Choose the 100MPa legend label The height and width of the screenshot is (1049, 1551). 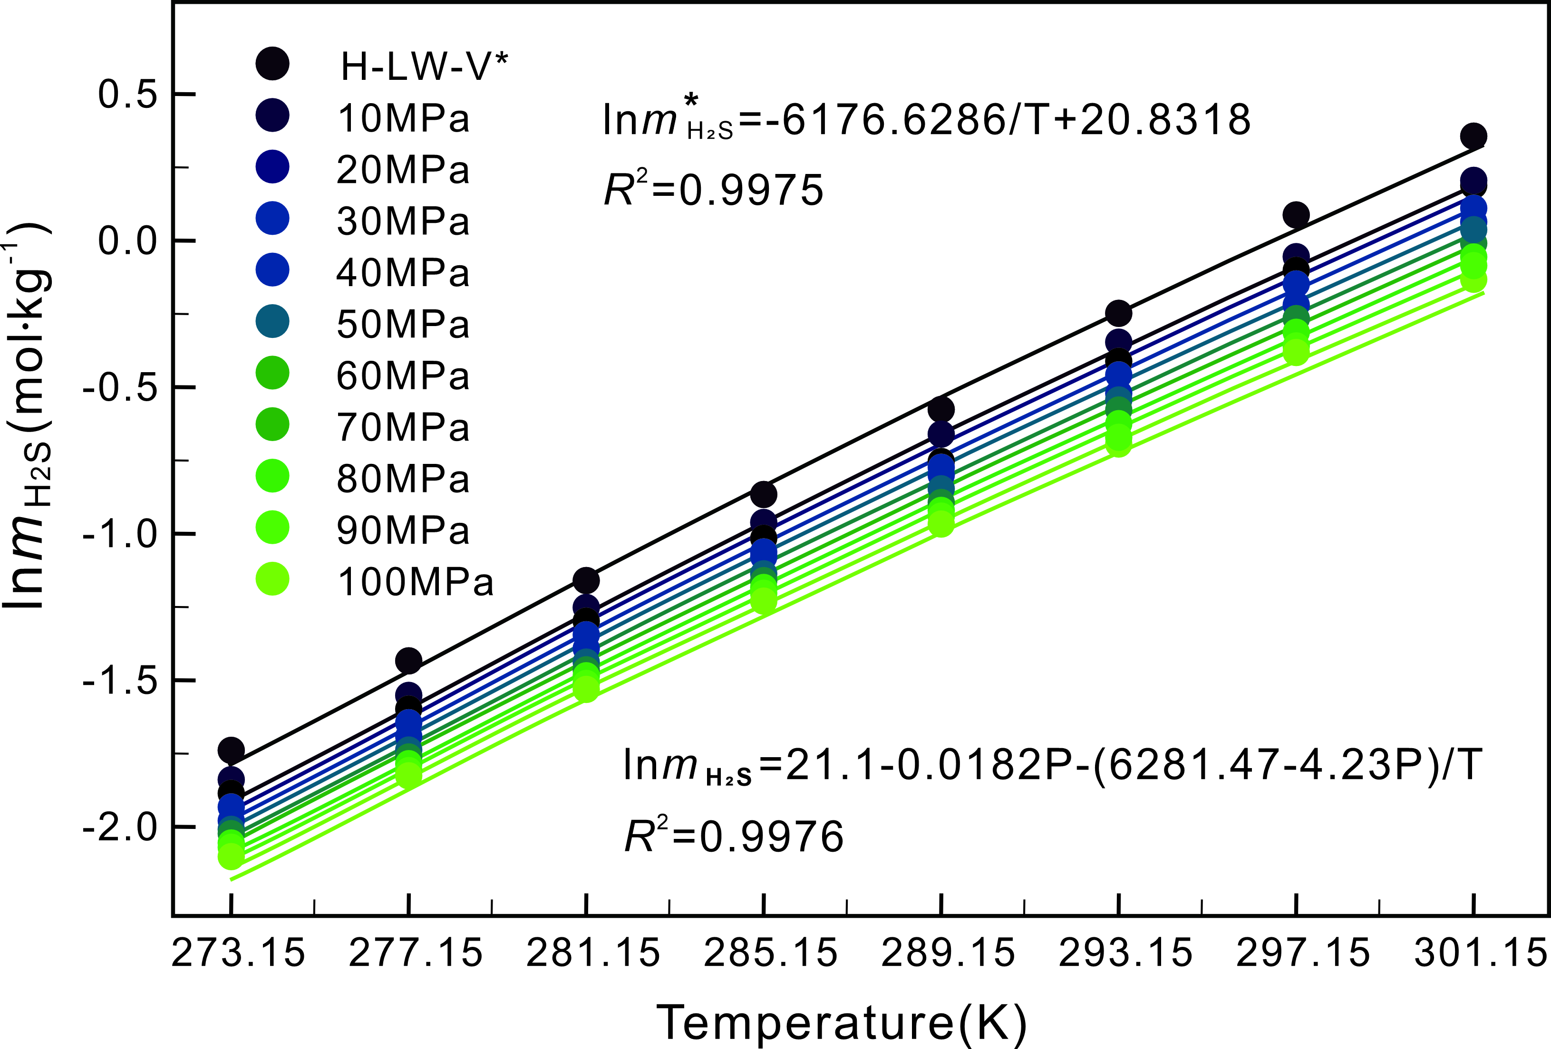point(415,581)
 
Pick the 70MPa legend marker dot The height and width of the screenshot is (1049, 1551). point(272,424)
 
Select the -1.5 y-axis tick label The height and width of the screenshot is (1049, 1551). point(119,680)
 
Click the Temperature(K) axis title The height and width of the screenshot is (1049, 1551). point(842,1021)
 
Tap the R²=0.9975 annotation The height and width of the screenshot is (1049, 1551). point(713,190)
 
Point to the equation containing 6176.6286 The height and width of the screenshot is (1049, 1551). point(926,120)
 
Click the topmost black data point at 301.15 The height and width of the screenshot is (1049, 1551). point(1473,136)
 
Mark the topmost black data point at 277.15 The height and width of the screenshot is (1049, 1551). point(408,661)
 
